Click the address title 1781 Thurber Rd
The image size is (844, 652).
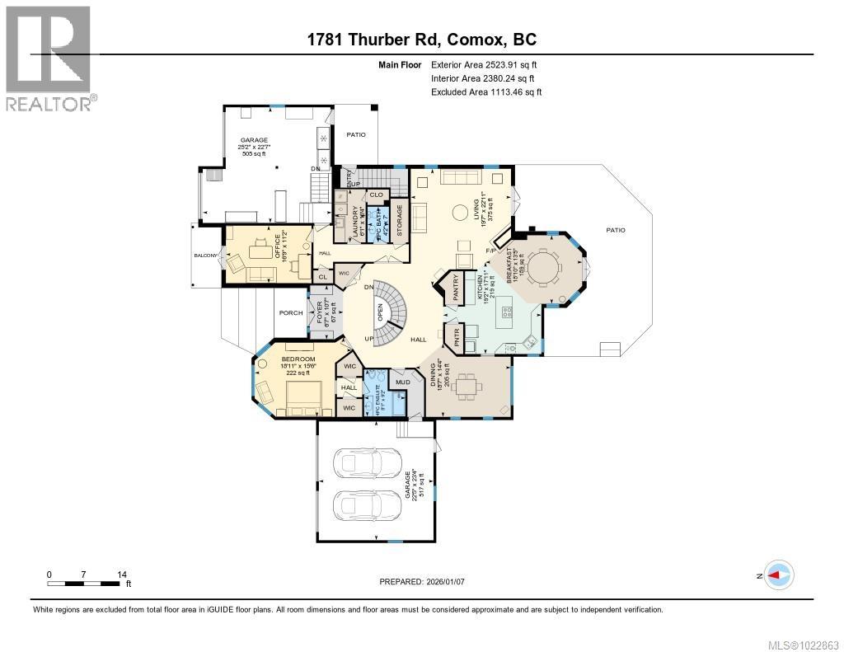point(421,39)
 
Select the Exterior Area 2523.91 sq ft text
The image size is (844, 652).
point(485,64)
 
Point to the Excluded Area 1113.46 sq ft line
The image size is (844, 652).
point(486,92)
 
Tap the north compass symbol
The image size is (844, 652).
point(777,575)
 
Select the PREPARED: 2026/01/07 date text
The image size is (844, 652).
point(422,582)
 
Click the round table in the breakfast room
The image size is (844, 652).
point(543,268)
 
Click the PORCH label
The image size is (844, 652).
point(290,312)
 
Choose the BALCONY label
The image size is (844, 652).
point(205,256)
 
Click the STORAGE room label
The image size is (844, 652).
point(399,220)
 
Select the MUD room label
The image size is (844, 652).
point(402,382)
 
